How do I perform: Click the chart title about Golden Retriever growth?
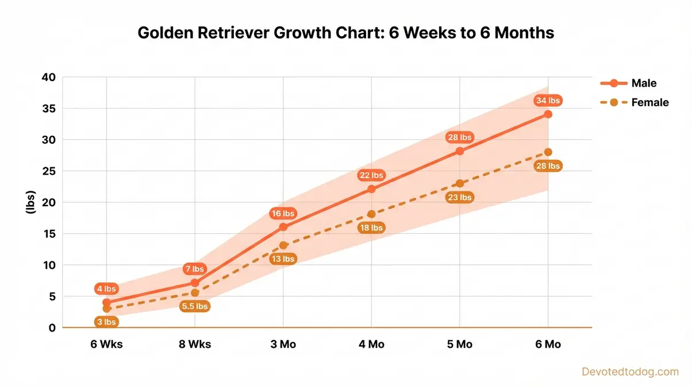tap(346, 33)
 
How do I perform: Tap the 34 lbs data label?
tap(548, 101)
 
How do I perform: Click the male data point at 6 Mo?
tap(548, 114)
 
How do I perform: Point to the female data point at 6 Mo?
tap(548, 152)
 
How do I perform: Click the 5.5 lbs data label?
tap(194, 306)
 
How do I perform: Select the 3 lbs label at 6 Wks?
tap(106, 322)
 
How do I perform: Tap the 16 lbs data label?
tap(282, 214)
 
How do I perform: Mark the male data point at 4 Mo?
tap(371, 189)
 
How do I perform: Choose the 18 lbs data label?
tap(371, 228)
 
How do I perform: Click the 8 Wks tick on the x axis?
tap(194, 345)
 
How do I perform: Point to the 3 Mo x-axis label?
tap(283, 345)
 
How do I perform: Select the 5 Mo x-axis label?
tap(459, 345)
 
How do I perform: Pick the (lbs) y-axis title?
tap(30, 203)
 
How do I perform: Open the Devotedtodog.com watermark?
tap(630, 372)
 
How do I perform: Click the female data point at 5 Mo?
tap(459, 184)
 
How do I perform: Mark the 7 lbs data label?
tap(194, 269)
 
